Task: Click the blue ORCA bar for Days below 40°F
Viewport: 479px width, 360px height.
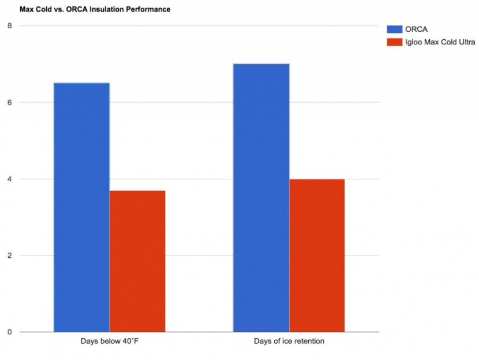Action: point(81,208)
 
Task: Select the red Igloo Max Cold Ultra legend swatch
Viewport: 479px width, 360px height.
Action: point(394,42)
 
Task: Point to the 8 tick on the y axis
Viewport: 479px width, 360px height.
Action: point(9,26)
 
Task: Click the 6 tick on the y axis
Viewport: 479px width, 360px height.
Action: point(9,103)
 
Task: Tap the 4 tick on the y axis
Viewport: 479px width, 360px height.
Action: point(9,179)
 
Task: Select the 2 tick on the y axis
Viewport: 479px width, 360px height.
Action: point(9,256)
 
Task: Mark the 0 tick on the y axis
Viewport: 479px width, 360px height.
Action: point(9,332)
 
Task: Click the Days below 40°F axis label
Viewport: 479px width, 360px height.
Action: point(109,342)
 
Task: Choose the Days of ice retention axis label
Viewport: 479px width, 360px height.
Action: point(289,342)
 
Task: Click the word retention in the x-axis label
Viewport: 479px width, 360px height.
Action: point(309,342)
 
